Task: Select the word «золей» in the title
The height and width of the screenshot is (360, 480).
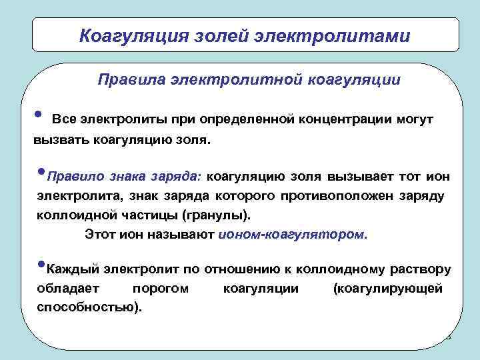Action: pyautogui.click(x=215, y=35)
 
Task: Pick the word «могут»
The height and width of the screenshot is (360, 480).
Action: pyautogui.click(x=415, y=119)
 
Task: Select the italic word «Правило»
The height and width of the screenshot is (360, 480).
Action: pyautogui.click(x=73, y=178)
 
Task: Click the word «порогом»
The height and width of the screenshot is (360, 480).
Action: pyautogui.click(x=161, y=289)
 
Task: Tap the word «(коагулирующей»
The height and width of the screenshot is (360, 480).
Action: pyautogui.click(x=387, y=289)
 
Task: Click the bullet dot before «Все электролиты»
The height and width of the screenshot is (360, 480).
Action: pyautogui.click(x=38, y=115)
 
